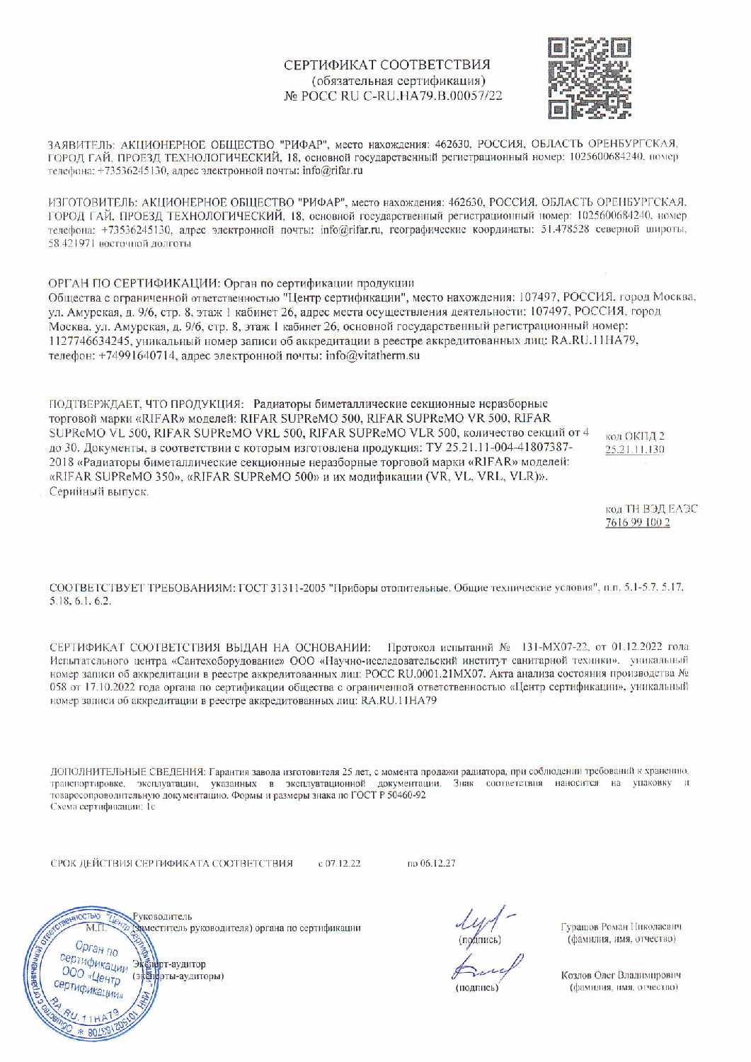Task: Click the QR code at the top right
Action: click(x=590, y=79)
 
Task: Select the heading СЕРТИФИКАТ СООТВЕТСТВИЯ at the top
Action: click(x=386, y=64)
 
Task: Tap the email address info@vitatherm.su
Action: click(x=372, y=355)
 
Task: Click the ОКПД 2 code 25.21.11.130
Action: click(x=634, y=450)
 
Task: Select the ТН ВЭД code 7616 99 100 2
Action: click(x=637, y=523)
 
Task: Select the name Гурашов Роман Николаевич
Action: click(x=621, y=926)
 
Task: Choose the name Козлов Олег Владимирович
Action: click(x=621, y=975)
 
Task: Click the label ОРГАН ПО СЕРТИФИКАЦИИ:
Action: click(x=134, y=282)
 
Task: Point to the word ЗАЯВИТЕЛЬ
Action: click(x=78, y=142)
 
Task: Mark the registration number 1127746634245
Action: click(x=88, y=341)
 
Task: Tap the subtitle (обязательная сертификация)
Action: click(x=394, y=80)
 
